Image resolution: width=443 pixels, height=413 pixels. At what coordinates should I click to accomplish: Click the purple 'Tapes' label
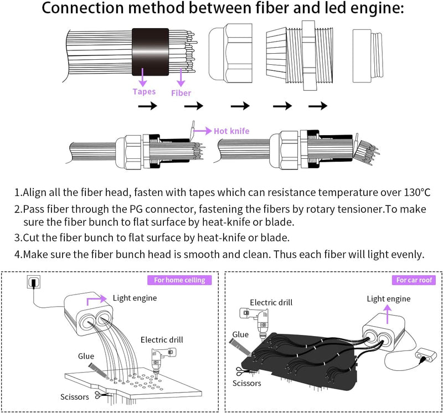point(144,91)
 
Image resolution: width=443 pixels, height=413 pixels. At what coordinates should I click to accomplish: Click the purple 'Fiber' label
point(181,92)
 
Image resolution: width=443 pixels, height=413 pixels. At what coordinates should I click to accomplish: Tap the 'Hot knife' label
point(231,131)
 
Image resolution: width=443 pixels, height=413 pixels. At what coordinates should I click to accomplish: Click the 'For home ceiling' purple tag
point(179,280)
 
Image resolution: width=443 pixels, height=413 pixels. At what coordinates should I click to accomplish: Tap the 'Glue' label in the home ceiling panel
point(86,356)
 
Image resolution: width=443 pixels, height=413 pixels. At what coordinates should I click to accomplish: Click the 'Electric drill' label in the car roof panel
point(271,302)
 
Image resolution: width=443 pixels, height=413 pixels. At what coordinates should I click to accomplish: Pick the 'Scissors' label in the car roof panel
point(247,383)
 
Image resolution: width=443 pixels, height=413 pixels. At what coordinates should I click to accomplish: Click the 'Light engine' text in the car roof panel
point(389,298)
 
